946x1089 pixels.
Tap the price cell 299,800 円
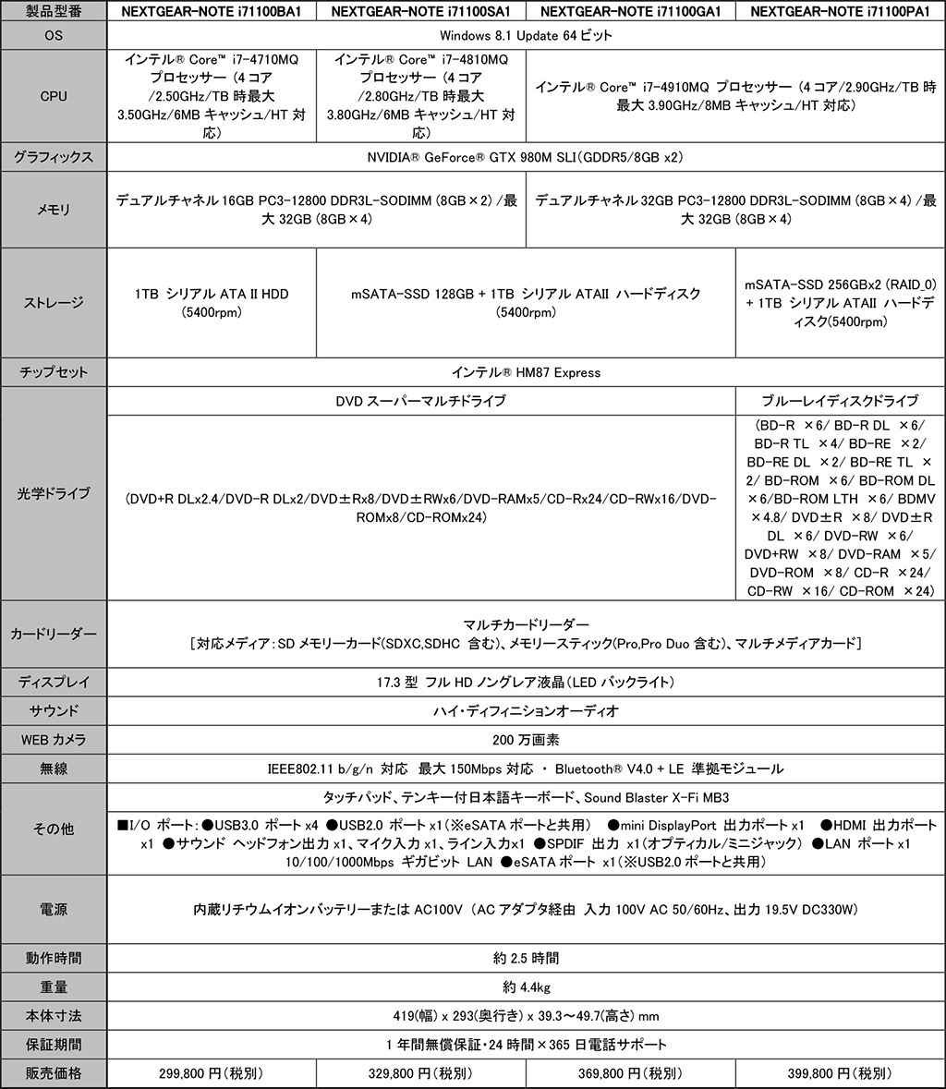(x=212, y=1073)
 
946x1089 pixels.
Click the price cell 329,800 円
(x=420, y=1073)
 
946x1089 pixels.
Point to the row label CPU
(x=54, y=96)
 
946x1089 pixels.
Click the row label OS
(x=54, y=35)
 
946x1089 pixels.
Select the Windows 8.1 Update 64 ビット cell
(x=526, y=35)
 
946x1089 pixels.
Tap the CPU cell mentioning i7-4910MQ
(x=734, y=96)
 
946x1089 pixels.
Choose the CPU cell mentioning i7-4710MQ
(x=212, y=96)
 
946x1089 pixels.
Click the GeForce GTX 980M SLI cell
(x=526, y=156)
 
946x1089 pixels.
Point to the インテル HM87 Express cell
(x=526, y=372)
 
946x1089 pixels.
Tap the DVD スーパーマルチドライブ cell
(x=421, y=401)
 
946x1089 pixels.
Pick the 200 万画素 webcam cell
(x=526, y=739)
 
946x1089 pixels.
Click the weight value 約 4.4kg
(x=526, y=986)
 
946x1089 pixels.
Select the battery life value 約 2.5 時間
(x=526, y=957)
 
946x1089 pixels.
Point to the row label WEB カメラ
(x=54, y=739)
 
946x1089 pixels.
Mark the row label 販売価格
(x=54, y=1073)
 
